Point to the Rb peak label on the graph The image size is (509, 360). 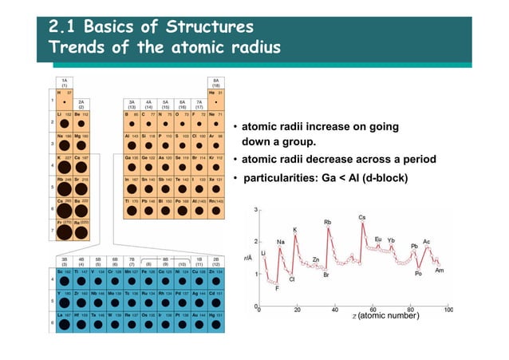(x=327, y=223)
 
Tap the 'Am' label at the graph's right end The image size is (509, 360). (x=439, y=271)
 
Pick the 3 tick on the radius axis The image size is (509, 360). (x=254, y=210)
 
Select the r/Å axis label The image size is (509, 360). (x=249, y=257)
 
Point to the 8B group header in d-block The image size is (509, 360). (x=165, y=258)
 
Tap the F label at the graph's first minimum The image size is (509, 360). (x=277, y=288)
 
